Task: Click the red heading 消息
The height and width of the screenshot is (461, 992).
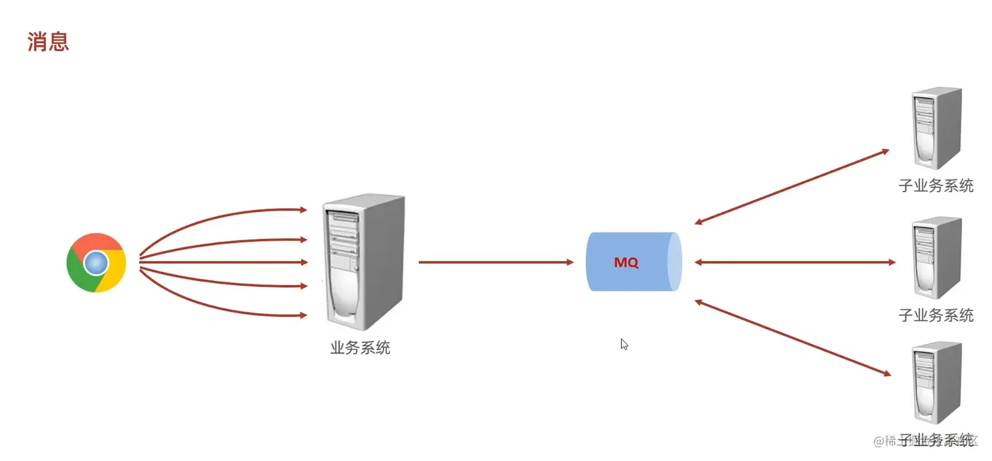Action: click(x=48, y=43)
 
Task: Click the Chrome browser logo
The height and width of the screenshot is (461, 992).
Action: click(x=96, y=263)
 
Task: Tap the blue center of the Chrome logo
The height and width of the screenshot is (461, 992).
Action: click(x=96, y=263)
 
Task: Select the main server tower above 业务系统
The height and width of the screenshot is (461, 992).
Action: click(x=363, y=263)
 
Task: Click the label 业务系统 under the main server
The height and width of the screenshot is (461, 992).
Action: click(x=360, y=348)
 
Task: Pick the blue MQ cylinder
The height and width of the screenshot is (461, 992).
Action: click(x=633, y=262)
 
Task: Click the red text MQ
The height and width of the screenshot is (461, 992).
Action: click(x=626, y=263)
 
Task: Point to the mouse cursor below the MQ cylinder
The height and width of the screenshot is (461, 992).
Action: click(x=624, y=343)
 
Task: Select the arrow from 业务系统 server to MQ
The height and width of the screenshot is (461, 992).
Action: click(x=495, y=262)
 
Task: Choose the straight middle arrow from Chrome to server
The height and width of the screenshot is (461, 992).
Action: click(x=223, y=262)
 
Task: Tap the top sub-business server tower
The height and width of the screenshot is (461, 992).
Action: click(x=936, y=128)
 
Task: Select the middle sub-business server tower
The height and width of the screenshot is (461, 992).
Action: click(x=936, y=257)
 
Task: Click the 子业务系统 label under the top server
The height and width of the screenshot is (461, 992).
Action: click(x=936, y=186)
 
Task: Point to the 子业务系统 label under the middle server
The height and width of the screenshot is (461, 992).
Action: click(x=936, y=315)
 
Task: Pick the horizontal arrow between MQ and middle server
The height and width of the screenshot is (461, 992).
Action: click(x=795, y=262)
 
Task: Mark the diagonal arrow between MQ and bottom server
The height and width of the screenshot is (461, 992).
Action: click(x=792, y=338)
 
